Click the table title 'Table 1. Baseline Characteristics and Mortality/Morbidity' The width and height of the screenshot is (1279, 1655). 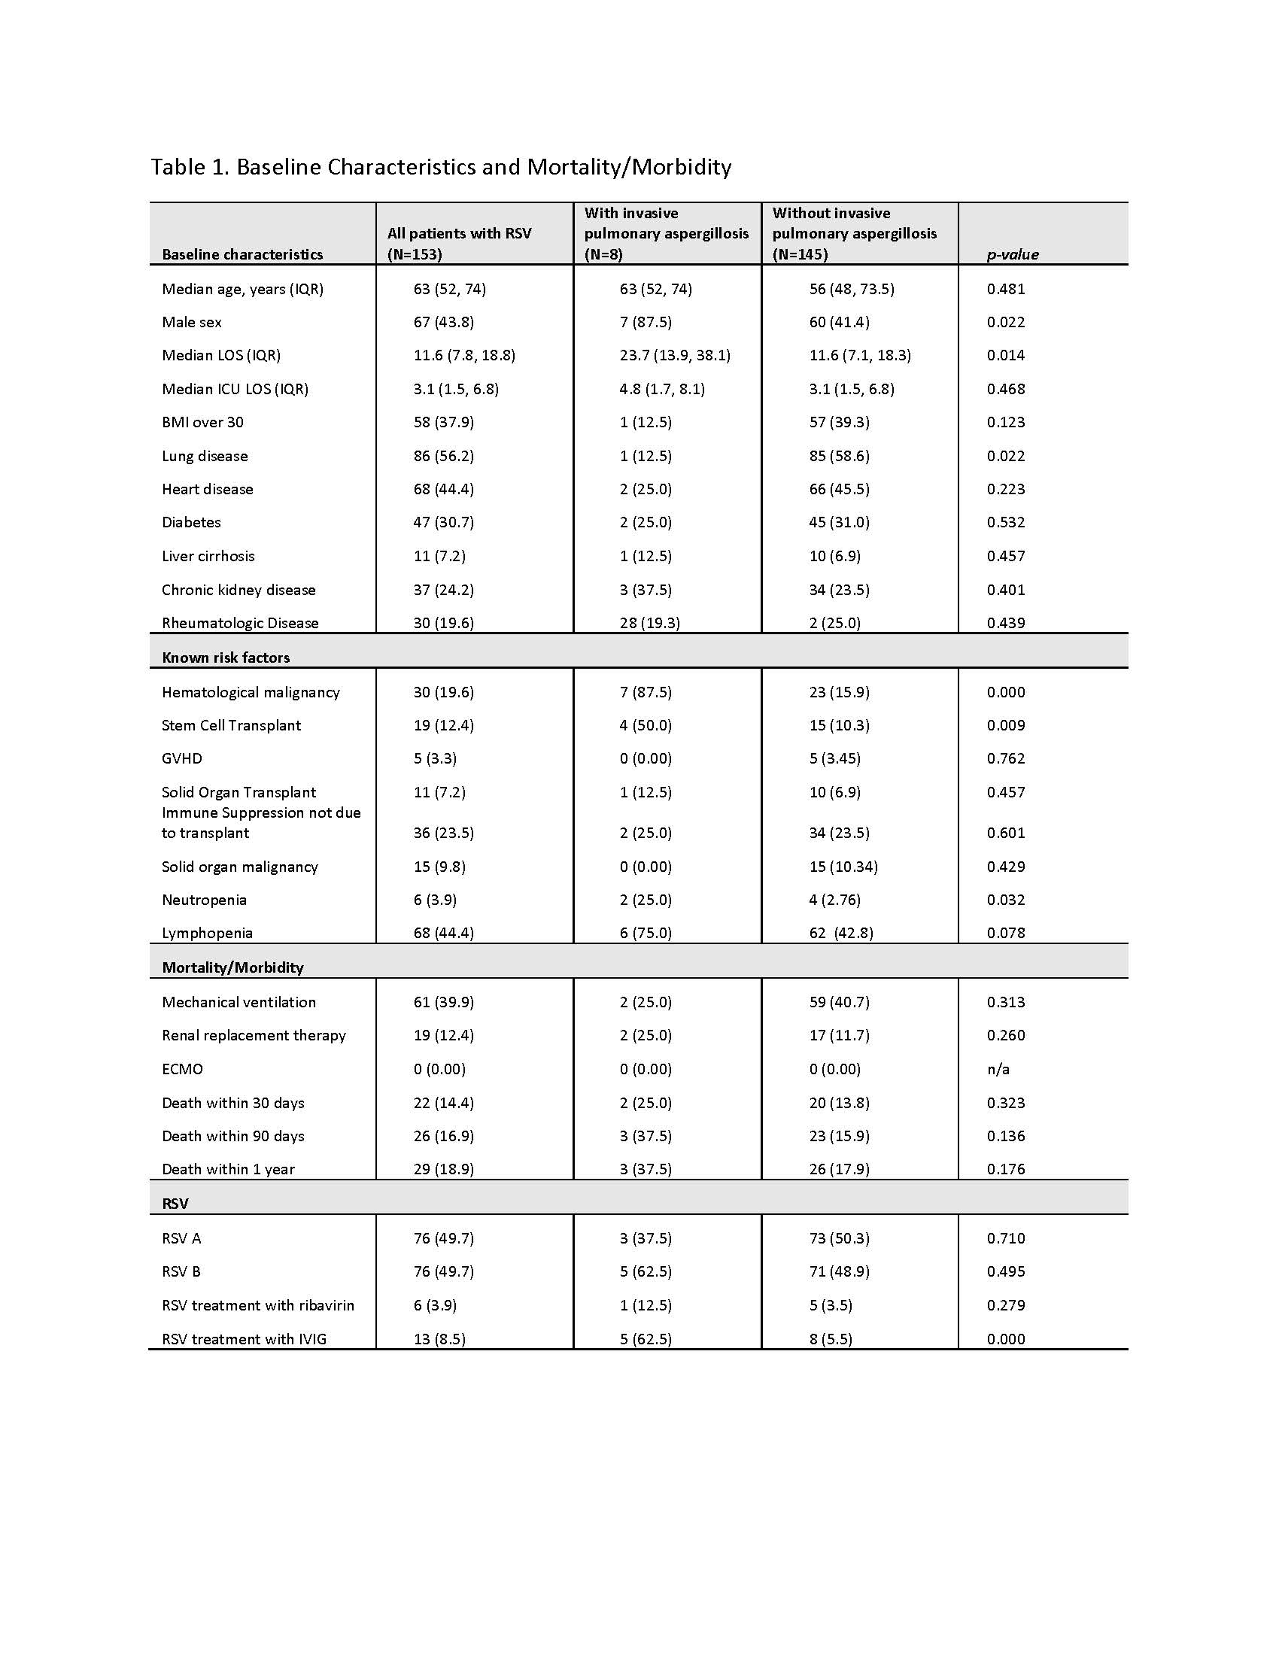click(441, 167)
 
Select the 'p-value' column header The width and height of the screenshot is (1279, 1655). click(1012, 254)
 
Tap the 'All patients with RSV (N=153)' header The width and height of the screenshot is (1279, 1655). click(459, 244)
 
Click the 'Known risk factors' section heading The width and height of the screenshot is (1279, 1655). click(226, 657)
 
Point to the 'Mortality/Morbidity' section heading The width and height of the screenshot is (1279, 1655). click(232, 967)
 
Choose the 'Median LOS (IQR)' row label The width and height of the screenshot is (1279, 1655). click(221, 355)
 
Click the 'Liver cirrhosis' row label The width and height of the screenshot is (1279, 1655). click(208, 556)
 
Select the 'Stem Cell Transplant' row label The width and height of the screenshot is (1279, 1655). click(231, 725)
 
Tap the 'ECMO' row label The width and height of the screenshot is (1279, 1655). click(183, 1069)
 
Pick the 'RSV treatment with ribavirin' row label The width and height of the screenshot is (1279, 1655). click(257, 1305)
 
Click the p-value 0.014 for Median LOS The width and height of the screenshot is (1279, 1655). click(1005, 355)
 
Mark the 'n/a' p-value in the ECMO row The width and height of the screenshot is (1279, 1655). click(998, 1069)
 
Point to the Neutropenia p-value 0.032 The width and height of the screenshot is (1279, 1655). click(1005, 900)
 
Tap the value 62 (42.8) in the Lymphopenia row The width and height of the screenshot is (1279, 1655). click(841, 933)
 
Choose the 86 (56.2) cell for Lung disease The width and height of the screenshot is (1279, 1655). click(444, 456)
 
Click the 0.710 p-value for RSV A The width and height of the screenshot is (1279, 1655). click(1005, 1238)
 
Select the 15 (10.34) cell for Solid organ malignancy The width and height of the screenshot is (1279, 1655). click(843, 866)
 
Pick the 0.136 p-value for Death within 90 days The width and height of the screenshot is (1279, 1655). click(1005, 1136)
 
